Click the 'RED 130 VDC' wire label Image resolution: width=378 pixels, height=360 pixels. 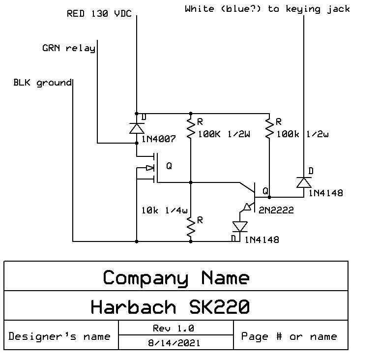point(99,14)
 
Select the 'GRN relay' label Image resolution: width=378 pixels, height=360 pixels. point(69,48)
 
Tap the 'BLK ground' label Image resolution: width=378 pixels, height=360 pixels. point(42,82)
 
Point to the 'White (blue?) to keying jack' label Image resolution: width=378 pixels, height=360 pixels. point(267,9)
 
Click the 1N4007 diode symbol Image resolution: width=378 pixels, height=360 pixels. point(137,128)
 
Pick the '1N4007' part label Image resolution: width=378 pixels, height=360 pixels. point(158,139)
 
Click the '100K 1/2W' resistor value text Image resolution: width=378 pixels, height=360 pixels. point(224,134)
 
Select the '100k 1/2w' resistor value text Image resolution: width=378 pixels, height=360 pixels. point(302,134)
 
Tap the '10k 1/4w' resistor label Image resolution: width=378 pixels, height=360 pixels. point(164,210)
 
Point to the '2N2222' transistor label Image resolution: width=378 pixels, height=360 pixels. point(276,210)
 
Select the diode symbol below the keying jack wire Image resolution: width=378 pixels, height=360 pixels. point(303,182)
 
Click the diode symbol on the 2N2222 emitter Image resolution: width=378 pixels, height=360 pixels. point(240,227)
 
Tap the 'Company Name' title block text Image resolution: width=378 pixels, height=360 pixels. point(176,278)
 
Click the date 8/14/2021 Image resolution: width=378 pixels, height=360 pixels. point(175,342)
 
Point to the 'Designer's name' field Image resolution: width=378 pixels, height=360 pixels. point(59,336)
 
